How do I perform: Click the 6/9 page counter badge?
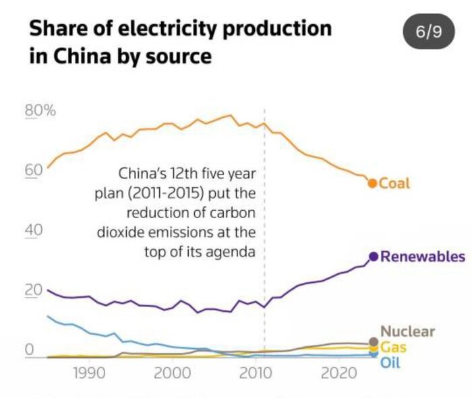tap(428, 32)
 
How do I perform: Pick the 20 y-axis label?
tap(34, 290)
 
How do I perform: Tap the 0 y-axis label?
tap(30, 350)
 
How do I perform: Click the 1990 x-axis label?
tap(88, 372)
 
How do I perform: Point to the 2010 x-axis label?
tap(255, 372)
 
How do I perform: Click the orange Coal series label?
tap(394, 183)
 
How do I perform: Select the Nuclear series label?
tap(407, 331)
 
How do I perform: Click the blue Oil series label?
tap(390, 363)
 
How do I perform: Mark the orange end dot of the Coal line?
tap(372, 183)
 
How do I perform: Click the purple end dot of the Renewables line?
tap(373, 257)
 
